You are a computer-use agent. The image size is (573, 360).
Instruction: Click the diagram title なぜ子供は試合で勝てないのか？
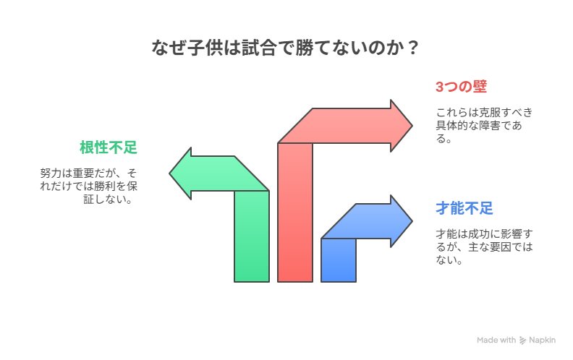(x=285, y=48)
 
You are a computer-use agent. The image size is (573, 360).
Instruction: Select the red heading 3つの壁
(x=461, y=87)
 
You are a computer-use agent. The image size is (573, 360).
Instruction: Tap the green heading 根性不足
(x=109, y=147)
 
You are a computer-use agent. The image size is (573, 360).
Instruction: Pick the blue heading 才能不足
(x=464, y=208)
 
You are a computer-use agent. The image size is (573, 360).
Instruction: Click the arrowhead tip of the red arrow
(x=412, y=126)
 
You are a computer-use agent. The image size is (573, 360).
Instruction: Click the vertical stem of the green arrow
(x=252, y=236)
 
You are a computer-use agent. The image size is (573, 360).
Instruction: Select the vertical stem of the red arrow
(x=295, y=212)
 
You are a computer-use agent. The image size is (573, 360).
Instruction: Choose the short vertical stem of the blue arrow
(x=339, y=260)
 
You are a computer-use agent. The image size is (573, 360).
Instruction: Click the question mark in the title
(x=413, y=48)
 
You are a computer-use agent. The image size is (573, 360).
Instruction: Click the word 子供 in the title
(x=205, y=48)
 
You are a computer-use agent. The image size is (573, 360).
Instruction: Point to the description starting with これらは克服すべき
(x=484, y=125)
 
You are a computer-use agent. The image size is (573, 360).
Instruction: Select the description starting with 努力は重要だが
(x=88, y=186)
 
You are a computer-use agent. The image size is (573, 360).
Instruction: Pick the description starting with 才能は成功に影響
(x=484, y=247)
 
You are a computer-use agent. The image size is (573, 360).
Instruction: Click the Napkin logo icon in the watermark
(x=523, y=340)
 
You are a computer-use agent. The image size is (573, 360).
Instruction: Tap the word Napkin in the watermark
(x=543, y=340)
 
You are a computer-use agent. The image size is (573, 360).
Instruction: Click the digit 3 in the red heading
(x=440, y=87)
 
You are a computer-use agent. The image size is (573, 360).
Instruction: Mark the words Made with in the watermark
(x=496, y=340)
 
